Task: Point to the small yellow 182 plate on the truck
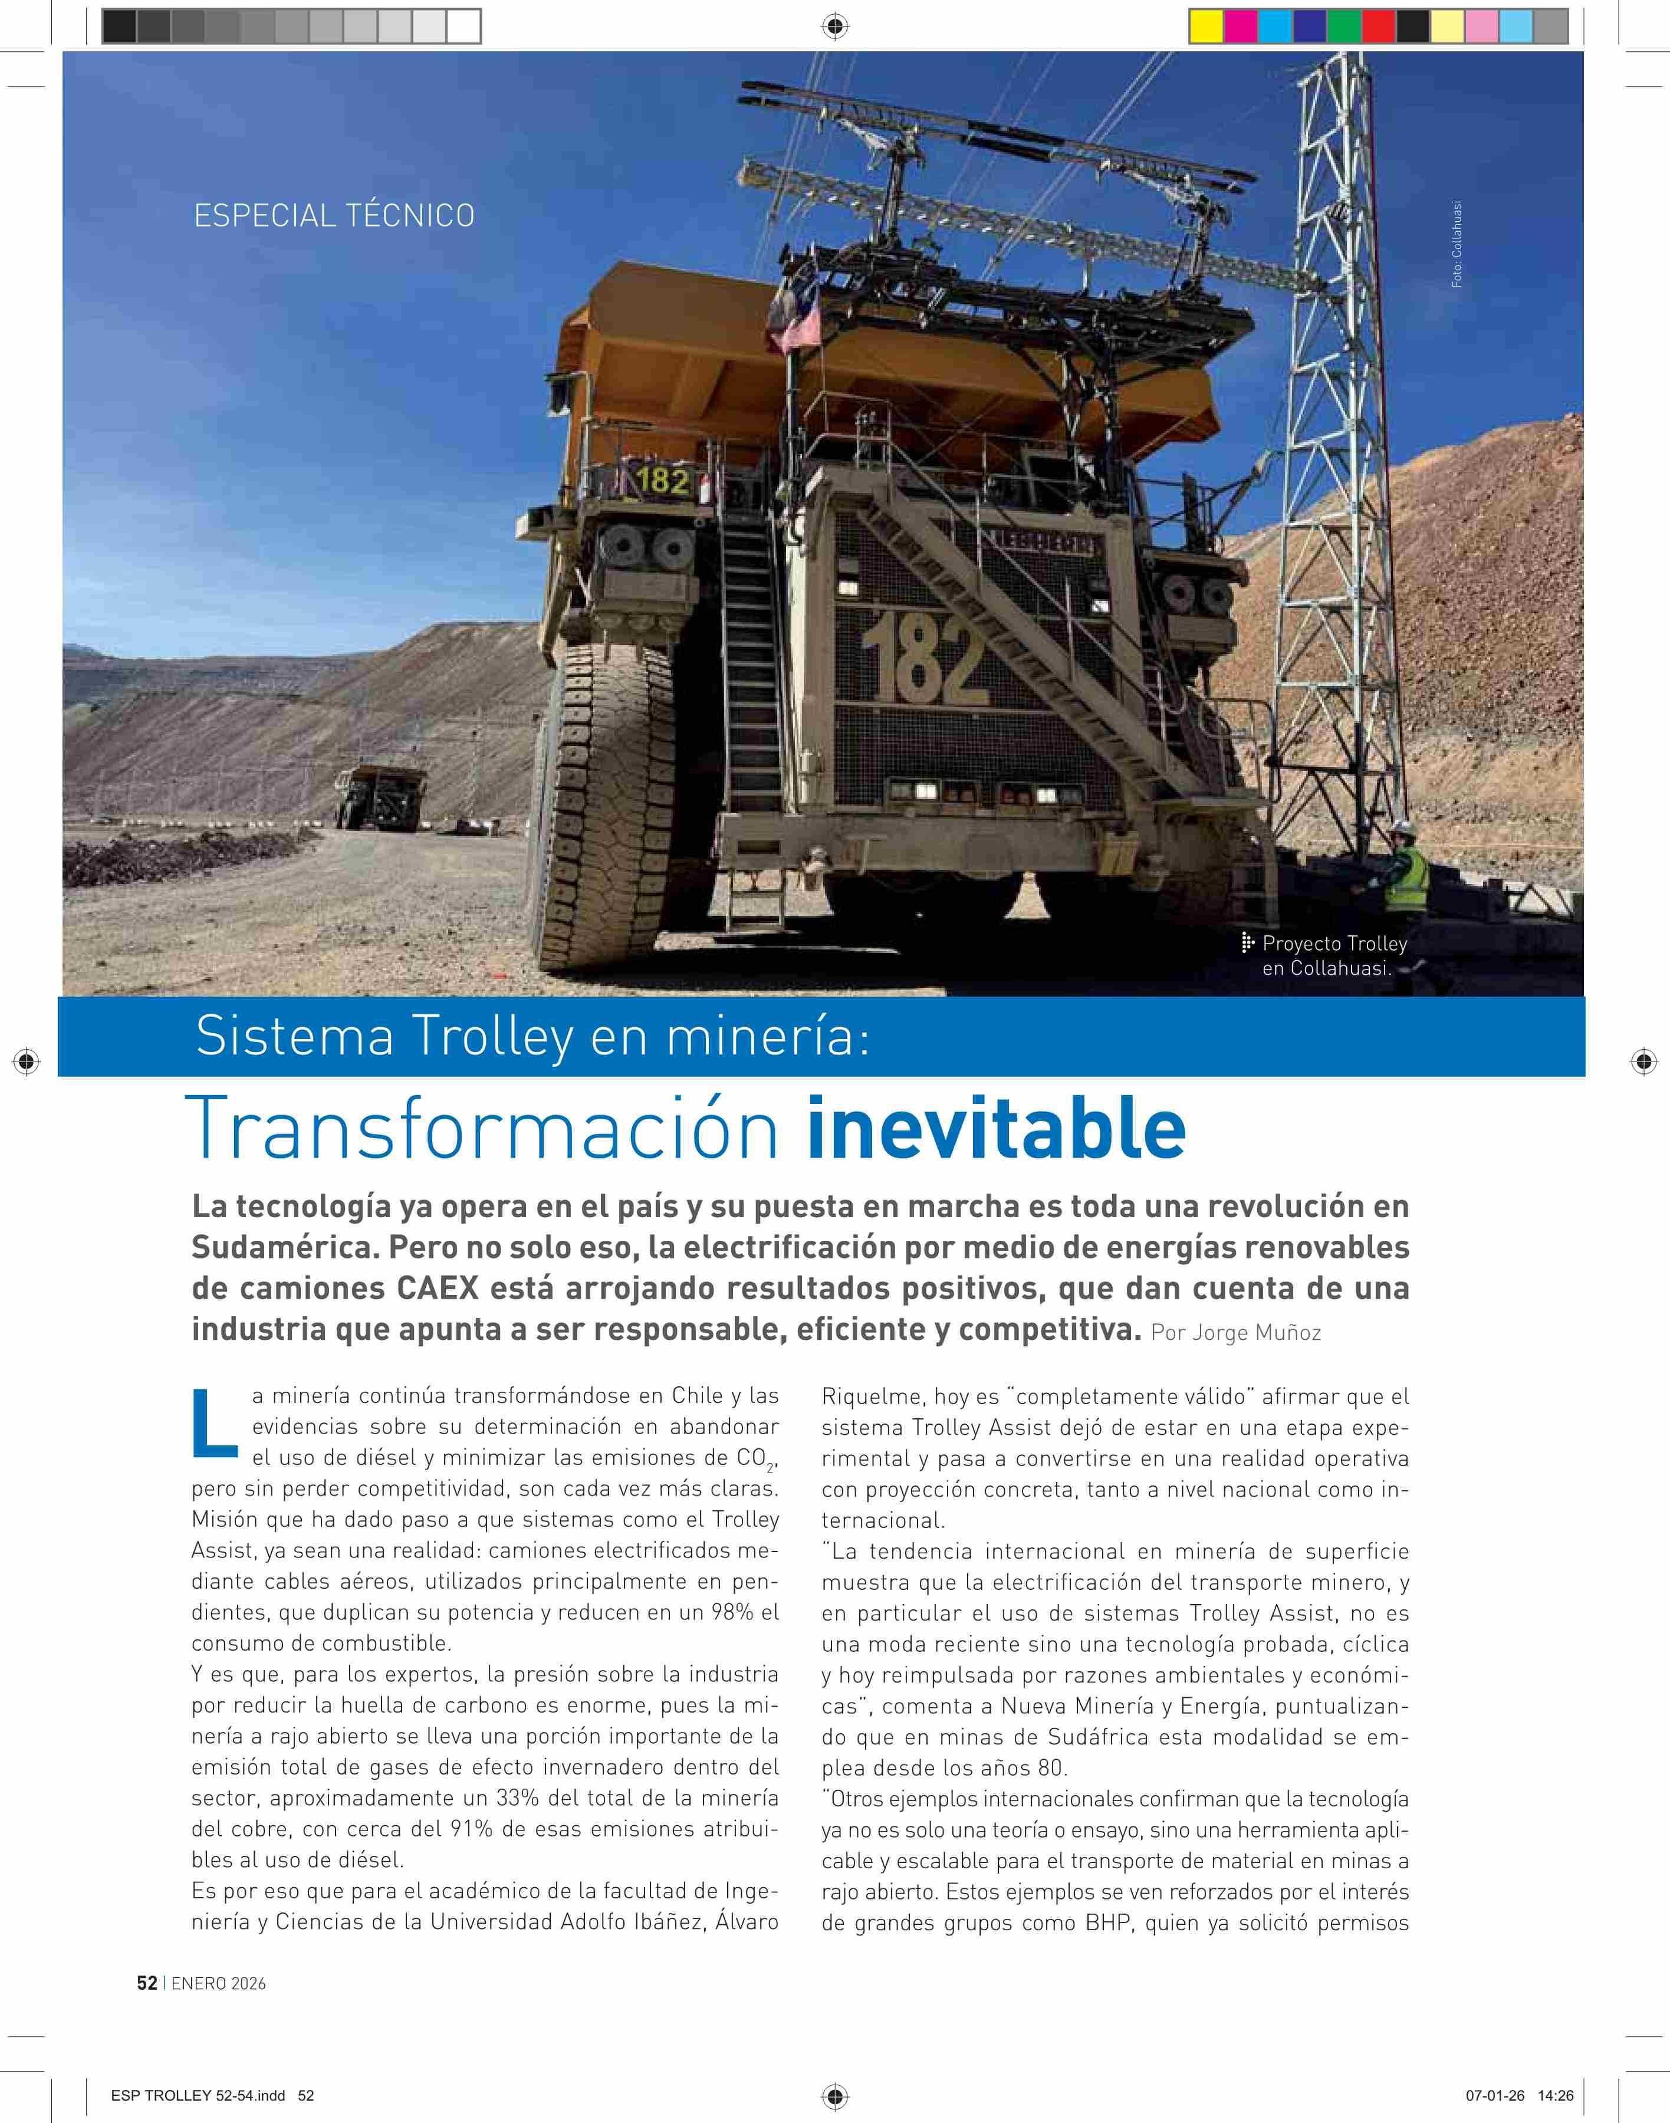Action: click(663, 480)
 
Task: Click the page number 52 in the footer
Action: click(147, 1982)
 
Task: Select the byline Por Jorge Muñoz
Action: click(1236, 1333)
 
